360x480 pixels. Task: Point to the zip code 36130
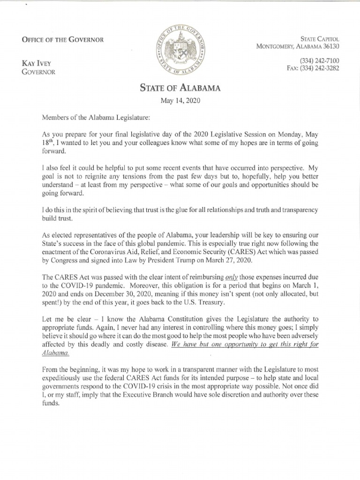click(x=330, y=46)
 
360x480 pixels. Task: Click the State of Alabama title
click(x=180, y=88)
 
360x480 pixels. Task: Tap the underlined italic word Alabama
click(x=56, y=352)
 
